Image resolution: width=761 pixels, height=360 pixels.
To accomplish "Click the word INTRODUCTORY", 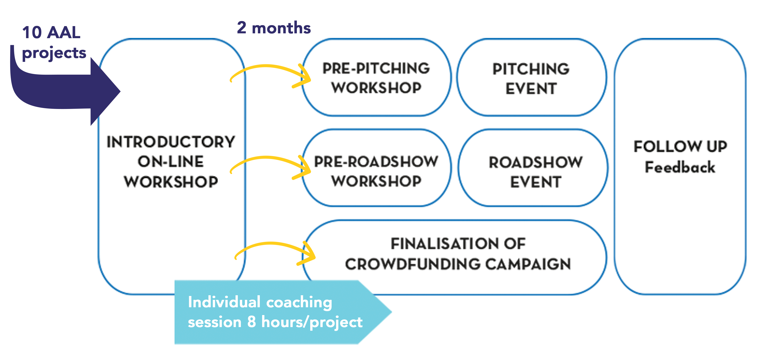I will click(x=171, y=142).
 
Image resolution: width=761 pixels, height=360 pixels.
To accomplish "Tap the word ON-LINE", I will click(x=171, y=162).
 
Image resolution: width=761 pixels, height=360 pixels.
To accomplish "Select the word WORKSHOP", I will click(x=171, y=182).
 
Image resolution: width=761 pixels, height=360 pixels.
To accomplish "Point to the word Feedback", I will click(x=680, y=167).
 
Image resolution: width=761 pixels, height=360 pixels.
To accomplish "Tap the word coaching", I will click(x=299, y=303).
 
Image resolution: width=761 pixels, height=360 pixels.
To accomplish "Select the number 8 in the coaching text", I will click(x=251, y=322).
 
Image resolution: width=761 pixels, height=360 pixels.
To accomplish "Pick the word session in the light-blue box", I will click(x=214, y=322).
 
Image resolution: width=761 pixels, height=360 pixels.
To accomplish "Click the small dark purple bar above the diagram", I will click(x=274, y=27).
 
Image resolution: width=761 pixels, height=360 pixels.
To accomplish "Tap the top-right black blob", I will click(x=531, y=77).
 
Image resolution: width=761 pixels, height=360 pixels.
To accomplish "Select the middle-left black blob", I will click(x=376, y=169).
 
